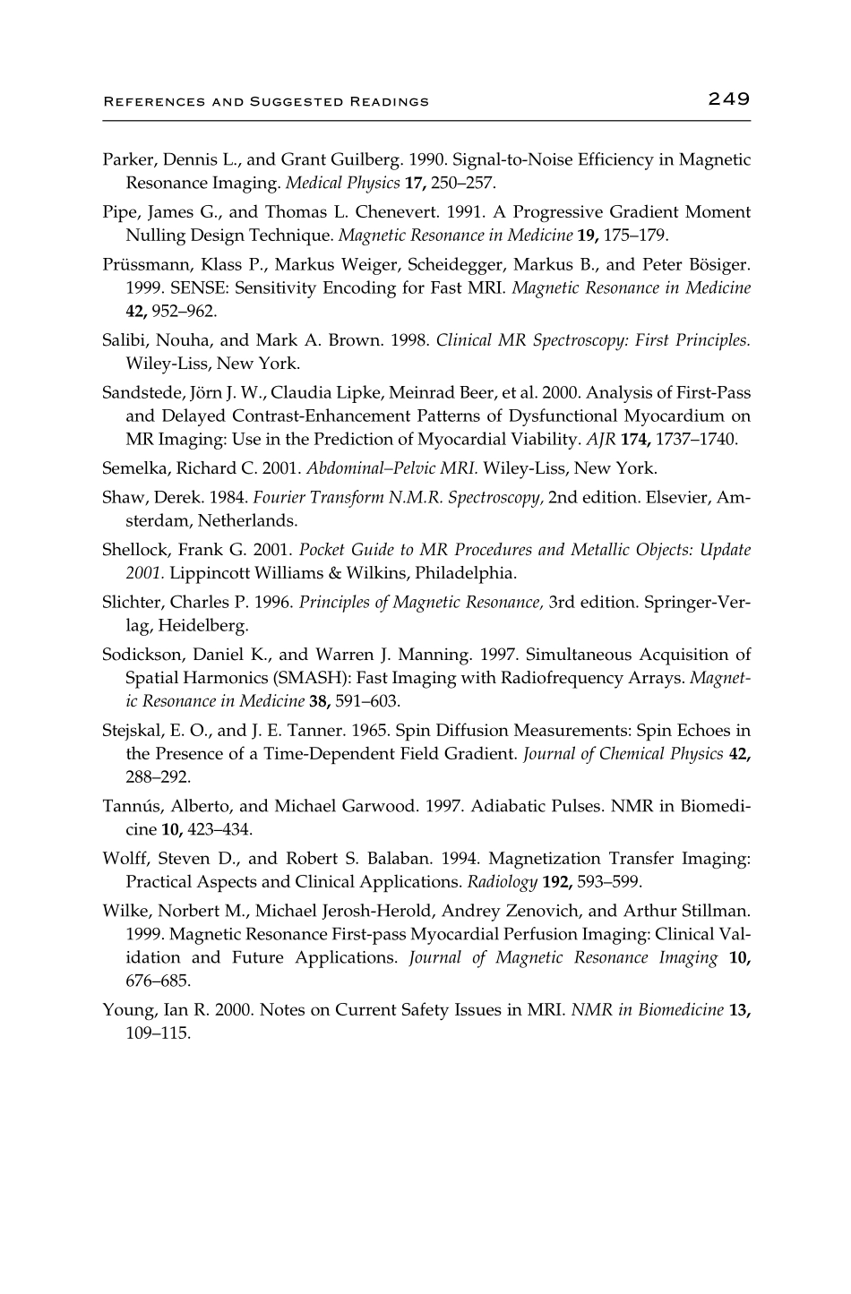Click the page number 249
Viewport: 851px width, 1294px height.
(727, 99)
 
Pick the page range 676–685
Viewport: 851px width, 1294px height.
(158, 981)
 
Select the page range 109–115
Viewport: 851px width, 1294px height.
(159, 1033)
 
